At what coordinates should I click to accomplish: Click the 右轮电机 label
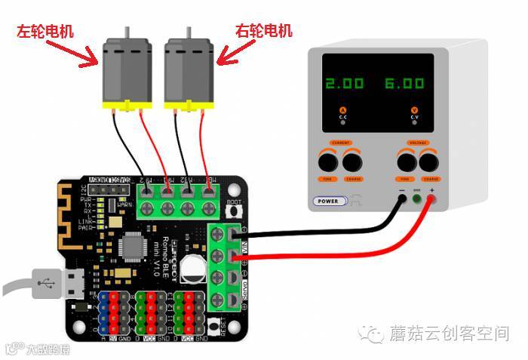pos(263,32)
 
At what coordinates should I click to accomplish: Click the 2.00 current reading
pos(344,83)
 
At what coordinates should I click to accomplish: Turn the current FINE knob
pos(327,162)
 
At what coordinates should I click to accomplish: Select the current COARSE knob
pos(352,162)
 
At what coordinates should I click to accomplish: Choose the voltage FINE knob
pos(406,162)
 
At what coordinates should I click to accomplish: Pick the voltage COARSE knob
pos(431,162)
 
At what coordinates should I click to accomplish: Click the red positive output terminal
pos(432,199)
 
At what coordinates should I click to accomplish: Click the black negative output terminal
pos(401,199)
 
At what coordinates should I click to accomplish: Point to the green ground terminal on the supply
pos(416,199)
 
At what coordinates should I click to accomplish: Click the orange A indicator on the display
pos(342,110)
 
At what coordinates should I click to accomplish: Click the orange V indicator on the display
pos(414,110)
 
